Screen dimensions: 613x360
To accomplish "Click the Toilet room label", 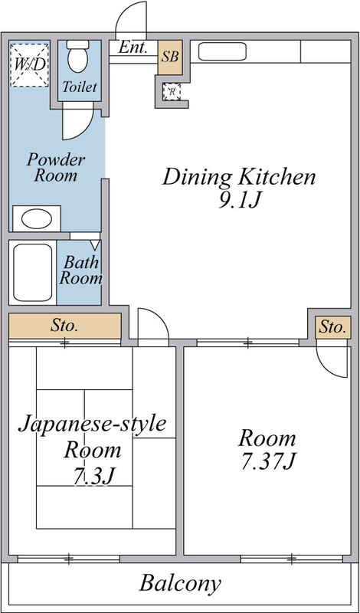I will [80, 87].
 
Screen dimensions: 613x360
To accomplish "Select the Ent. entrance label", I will [133, 48].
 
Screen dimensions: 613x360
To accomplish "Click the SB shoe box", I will [171, 57].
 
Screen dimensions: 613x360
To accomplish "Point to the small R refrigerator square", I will [172, 91].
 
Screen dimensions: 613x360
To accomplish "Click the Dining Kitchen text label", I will [238, 178].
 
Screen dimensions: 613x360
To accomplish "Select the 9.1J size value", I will [238, 204].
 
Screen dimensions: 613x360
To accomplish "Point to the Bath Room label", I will [81, 270].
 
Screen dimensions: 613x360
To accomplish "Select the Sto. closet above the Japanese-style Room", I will [65, 325].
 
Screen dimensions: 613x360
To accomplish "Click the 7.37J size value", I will [267, 463].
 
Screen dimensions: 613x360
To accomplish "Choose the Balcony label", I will [180, 583].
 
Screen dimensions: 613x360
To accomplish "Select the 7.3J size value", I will [93, 476].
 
